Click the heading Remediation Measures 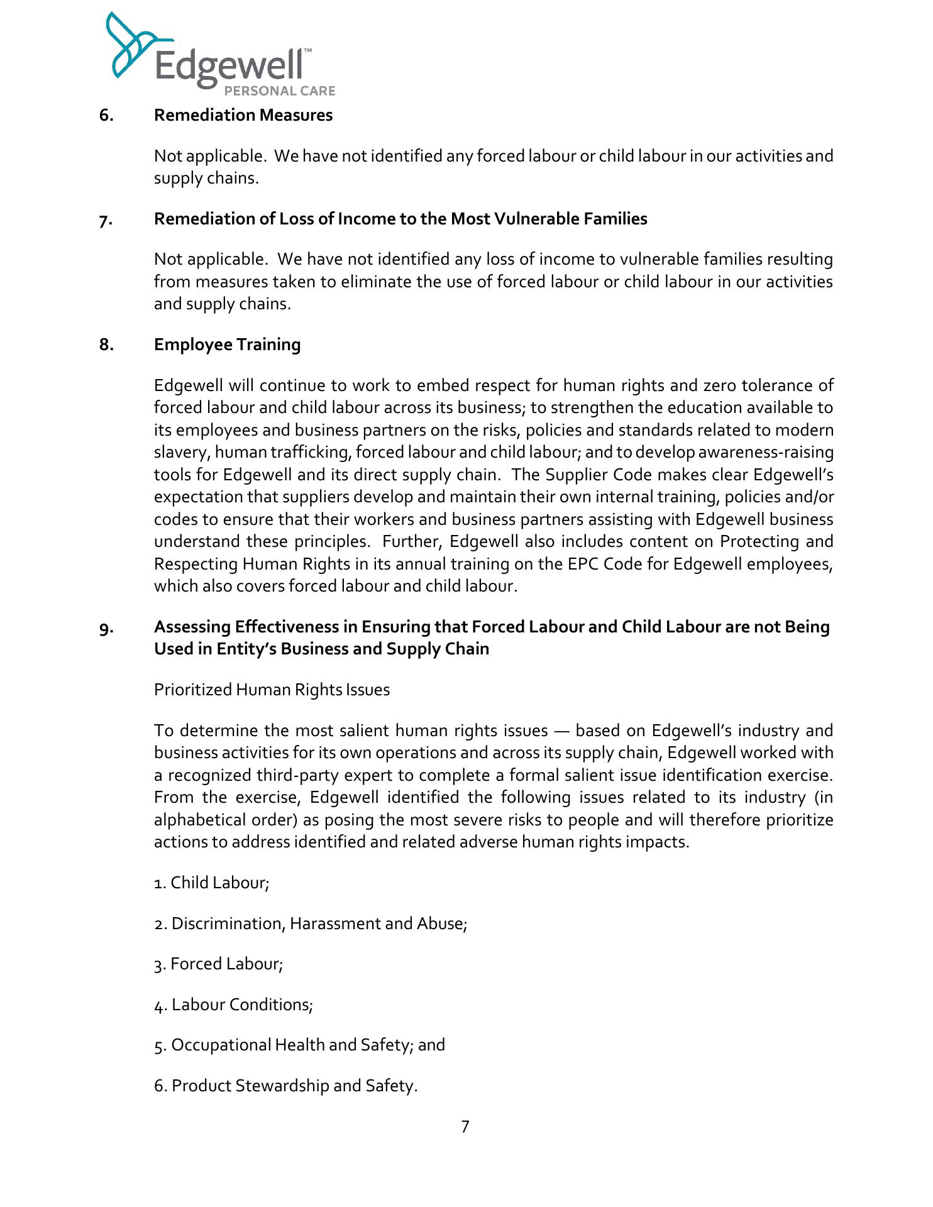pos(243,115)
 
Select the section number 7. pos(106,220)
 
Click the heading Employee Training pos(227,344)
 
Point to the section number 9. pos(106,628)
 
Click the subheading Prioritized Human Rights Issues pos(272,690)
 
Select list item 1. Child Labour pos(212,883)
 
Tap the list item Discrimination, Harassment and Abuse pos(311,923)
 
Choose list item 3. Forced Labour pos(219,964)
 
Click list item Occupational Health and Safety pos(299,1045)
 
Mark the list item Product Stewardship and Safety pos(285,1086)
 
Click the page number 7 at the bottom pos(465,1127)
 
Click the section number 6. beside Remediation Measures pos(106,115)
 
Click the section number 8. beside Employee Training pos(106,344)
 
